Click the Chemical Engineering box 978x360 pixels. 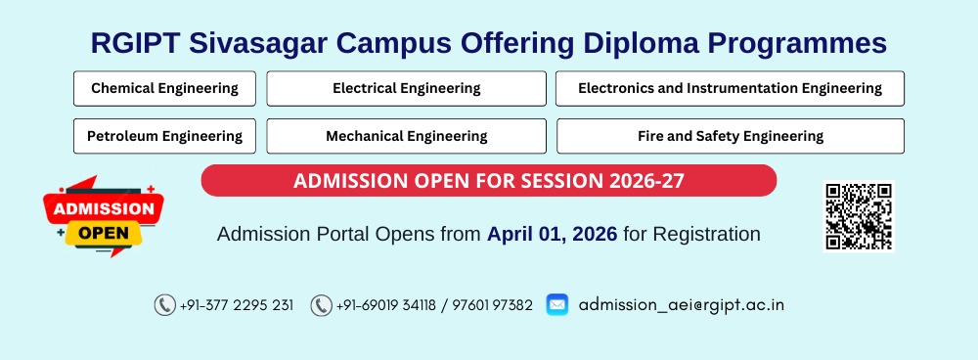[164, 88]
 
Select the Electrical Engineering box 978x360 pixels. [406, 88]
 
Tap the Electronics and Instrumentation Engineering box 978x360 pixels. [730, 88]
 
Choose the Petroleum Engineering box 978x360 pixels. [164, 136]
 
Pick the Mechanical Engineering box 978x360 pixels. [406, 136]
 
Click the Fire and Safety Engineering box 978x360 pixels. [730, 136]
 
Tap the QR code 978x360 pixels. [859, 216]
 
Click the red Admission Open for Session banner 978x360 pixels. [488, 181]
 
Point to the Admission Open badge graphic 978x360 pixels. [104, 217]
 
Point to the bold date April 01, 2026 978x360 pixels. [552, 235]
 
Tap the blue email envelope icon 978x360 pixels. [556, 304]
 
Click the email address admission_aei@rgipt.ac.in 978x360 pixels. [681, 304]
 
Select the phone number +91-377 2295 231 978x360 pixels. [237, 305]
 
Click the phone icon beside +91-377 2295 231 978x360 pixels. [164, 305]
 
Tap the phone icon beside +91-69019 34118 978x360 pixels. [321, 305]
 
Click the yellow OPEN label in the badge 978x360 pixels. [104, 234]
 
